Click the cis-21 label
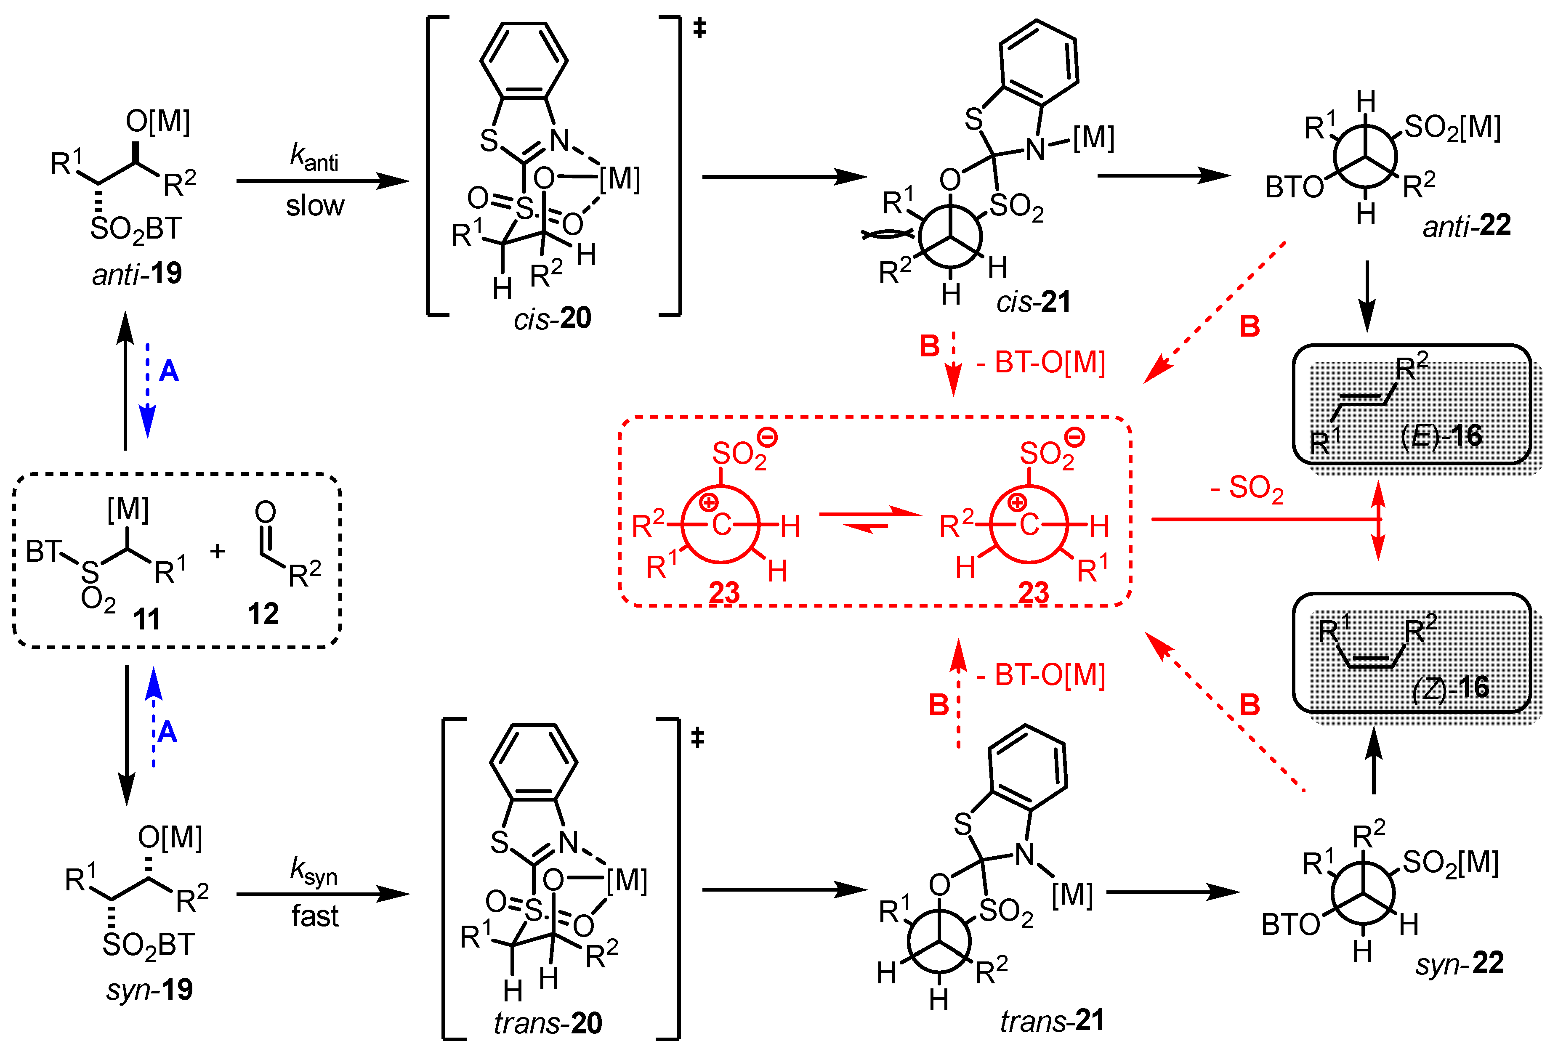(1033, 302)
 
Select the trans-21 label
(1052, 1020)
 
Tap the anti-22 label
(1467, 225)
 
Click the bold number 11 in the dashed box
(147, 618)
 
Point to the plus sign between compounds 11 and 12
(217, 551)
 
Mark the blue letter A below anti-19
(168, 371)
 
